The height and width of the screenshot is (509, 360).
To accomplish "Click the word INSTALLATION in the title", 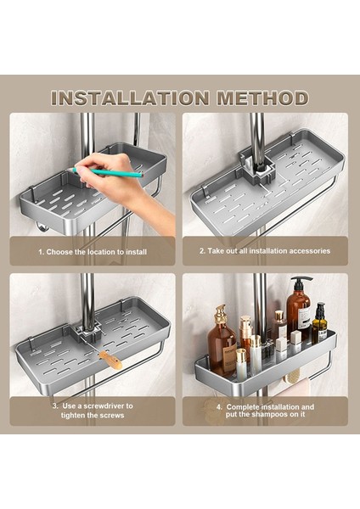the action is pos(130,98).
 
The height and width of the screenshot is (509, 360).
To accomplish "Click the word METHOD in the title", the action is pos(263,98).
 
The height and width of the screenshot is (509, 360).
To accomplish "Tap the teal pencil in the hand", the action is pos(108,172).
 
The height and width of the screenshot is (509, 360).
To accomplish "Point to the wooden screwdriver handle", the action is pos(110,360).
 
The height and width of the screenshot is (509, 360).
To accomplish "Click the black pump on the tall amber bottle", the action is pos(301,282).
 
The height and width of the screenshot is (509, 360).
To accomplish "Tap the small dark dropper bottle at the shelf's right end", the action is pos(319,323).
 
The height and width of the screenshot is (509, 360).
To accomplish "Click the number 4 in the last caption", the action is pos(219,407).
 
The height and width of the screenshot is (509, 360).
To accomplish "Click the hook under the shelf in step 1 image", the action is pos(42,227).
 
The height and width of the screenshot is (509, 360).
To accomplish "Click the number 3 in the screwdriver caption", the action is pos(55,406).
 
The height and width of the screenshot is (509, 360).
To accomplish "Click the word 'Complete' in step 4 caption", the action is pos(243,407).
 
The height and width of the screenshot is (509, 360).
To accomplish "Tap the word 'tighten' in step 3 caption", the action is pos(74,415).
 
